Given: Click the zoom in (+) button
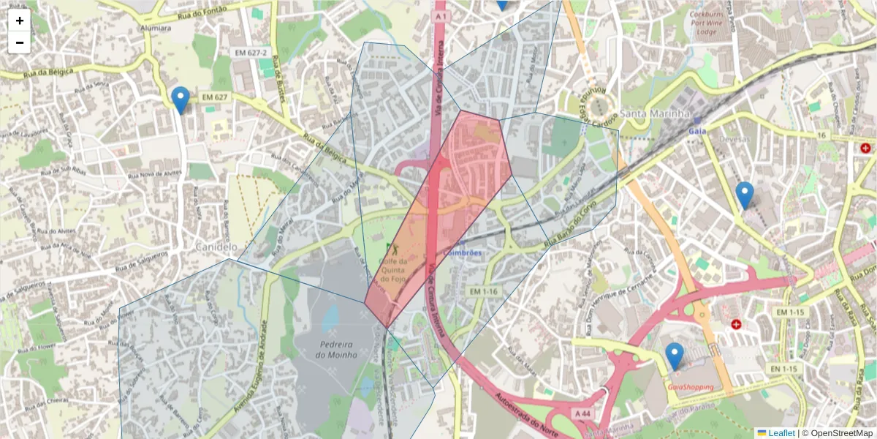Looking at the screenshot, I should pos(20,20).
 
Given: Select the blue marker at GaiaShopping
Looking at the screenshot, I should pos(675,357).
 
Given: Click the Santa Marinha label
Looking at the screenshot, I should pos(655,113).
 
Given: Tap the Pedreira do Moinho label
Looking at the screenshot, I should pos(336,349).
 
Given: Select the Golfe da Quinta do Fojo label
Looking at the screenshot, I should pos(393,268).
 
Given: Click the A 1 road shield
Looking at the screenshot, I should pos(439,15).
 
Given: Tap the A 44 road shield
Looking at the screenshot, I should pos(582,414).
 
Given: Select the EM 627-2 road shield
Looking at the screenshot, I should pos(251,53).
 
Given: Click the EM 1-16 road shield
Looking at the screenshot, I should pos(483,291).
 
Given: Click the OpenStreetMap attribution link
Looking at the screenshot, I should pos(840,433).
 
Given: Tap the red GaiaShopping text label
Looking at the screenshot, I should pos(690,386).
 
